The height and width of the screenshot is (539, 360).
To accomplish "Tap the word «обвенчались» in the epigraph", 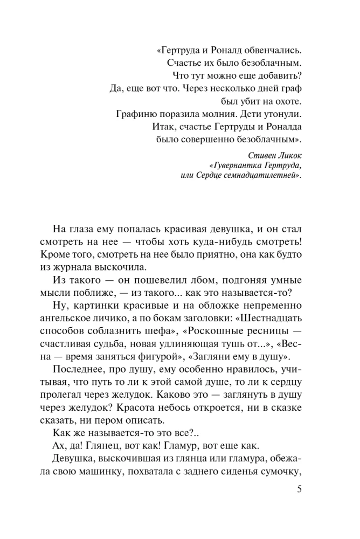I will point(272,51).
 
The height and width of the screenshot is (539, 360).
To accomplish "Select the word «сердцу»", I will point(286,383).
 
